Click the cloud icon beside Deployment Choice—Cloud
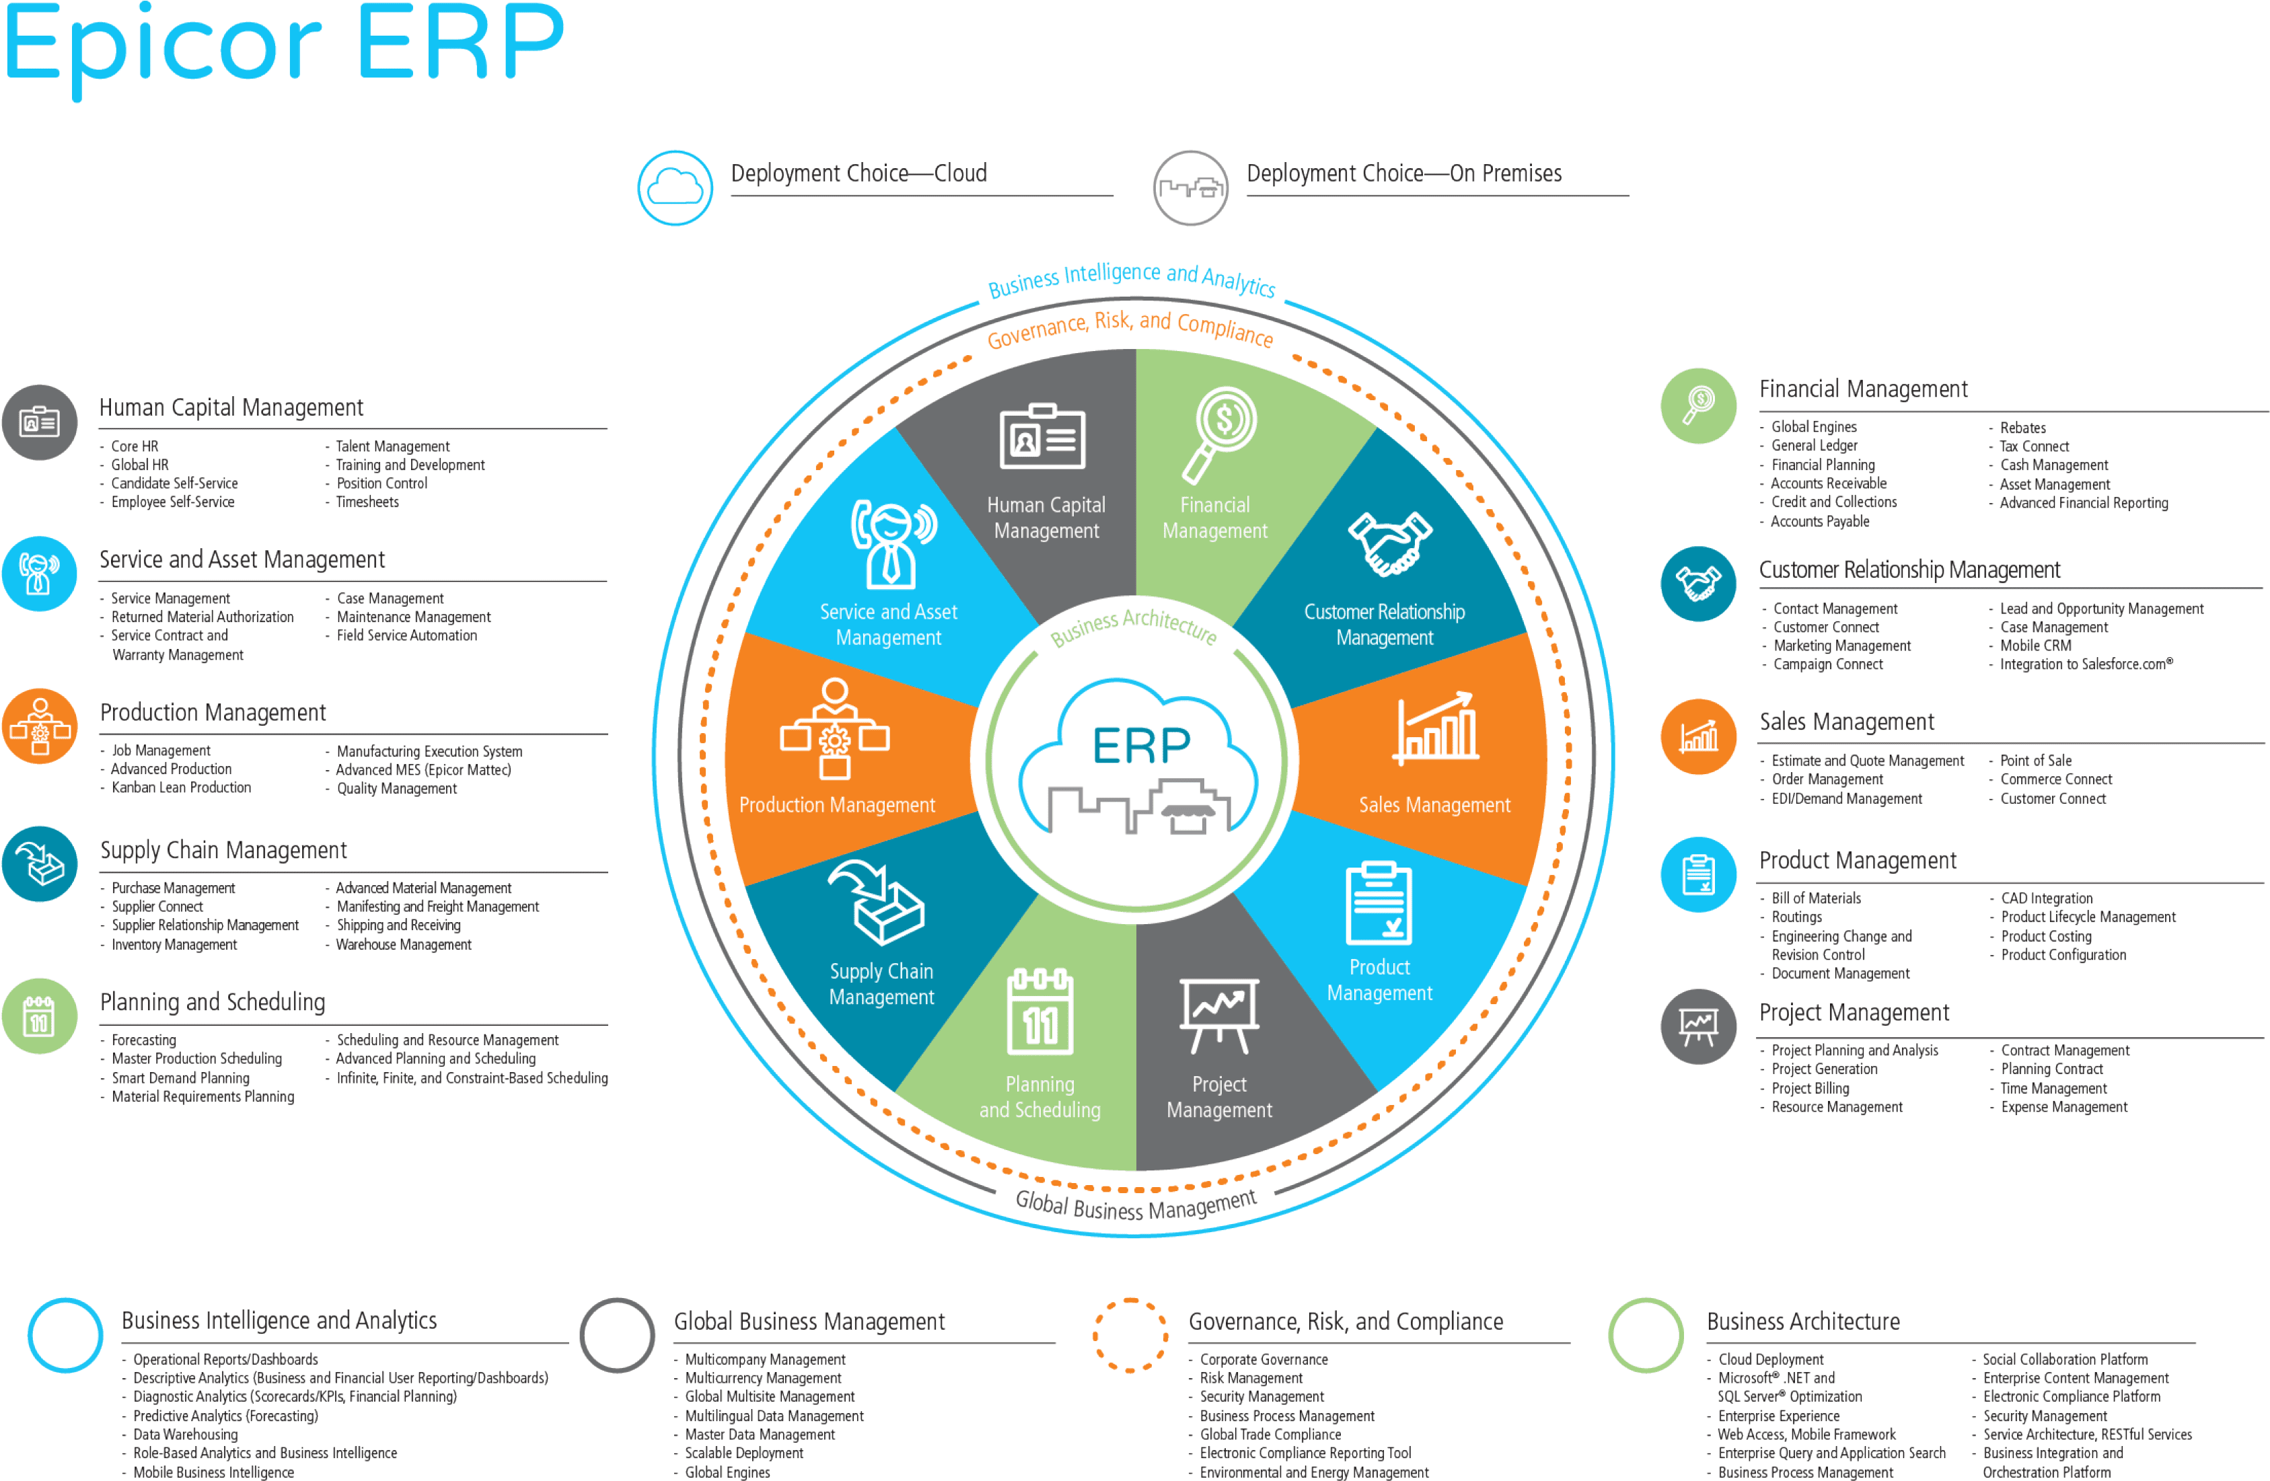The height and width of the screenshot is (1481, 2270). coord(674,187)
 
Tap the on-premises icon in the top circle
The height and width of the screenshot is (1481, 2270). coord(1189,188)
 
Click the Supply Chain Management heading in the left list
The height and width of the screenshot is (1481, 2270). coord(224,849)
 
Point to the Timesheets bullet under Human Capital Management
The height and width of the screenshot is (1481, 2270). coord(367,502)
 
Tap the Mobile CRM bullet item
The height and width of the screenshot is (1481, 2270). coord(2035,646)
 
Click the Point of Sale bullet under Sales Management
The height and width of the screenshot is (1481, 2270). coord(2035,760)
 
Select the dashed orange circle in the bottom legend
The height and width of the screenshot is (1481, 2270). coord(1130,1335)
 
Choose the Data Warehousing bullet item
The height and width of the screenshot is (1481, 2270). coord(185,1435)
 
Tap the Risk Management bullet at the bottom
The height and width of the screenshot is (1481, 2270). coord(1251,1378)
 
